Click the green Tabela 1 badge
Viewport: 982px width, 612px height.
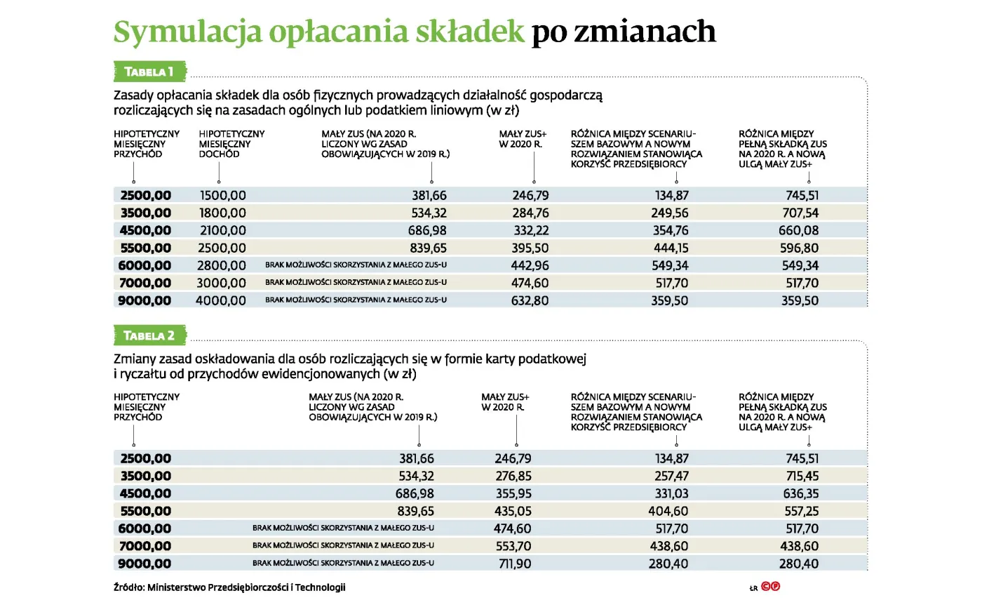149,72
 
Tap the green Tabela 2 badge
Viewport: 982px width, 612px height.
149,335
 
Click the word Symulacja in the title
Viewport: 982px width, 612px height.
188,32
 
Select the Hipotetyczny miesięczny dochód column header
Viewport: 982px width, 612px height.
231,144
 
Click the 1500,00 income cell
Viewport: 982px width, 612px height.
222,196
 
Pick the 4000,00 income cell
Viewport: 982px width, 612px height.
221,301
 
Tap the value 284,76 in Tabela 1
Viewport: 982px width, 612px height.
530,213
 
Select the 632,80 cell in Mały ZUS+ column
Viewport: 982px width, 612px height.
530,301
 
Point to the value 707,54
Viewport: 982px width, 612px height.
800,213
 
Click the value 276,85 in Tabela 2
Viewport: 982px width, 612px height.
513,477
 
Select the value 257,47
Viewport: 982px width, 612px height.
671,477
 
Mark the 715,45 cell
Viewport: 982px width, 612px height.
802,477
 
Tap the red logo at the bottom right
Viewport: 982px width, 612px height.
770,587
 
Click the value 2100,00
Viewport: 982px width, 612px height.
222,231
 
